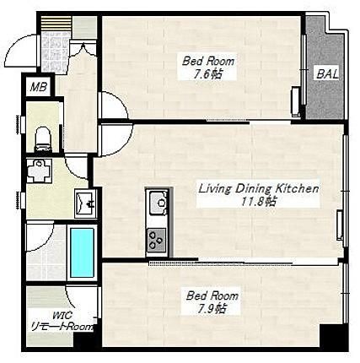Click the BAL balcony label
327,74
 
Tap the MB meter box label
39,87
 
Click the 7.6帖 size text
207,74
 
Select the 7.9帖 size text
212,309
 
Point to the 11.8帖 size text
259,201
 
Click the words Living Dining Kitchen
259,188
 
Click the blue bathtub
82,252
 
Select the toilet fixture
43,139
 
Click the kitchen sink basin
159,203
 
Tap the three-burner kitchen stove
156,240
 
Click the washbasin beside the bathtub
86,203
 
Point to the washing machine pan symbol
39,171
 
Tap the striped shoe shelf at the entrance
56,24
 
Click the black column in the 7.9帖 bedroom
333,336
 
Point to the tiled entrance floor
55,51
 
